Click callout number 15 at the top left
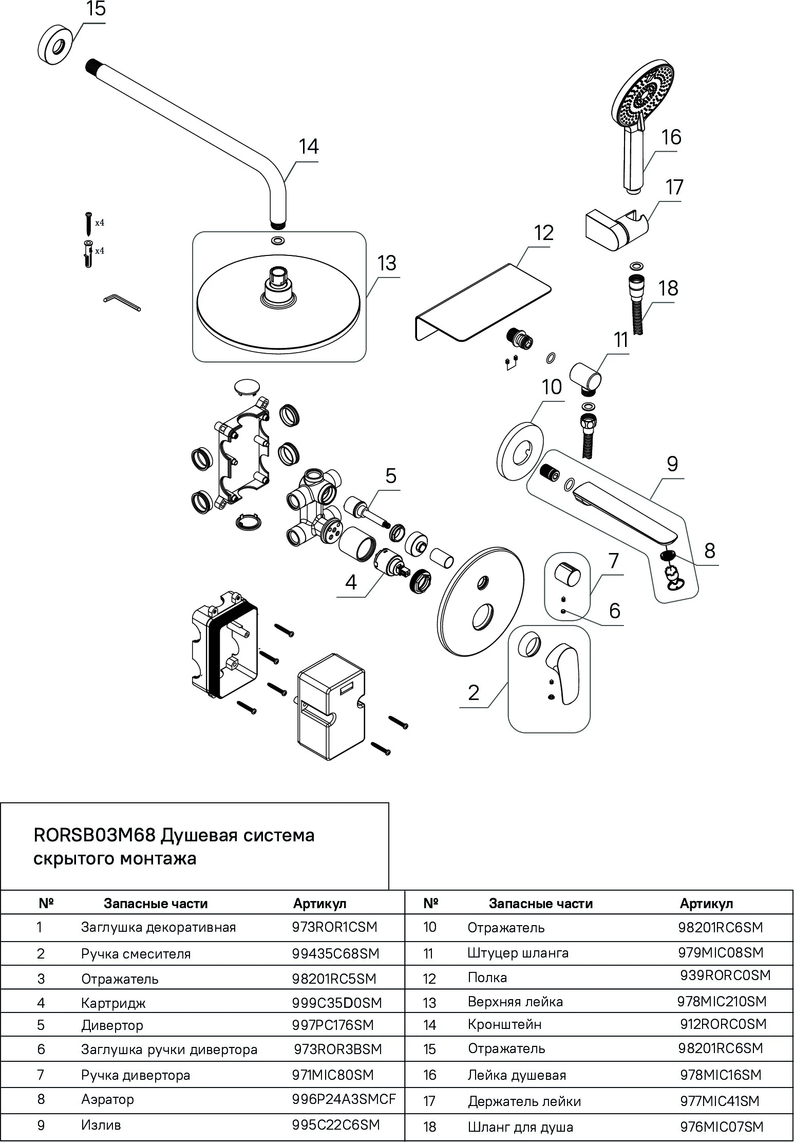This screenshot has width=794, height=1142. click(96, 10)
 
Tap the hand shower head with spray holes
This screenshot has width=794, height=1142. click(643, 96)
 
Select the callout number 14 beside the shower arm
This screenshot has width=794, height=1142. click(309, 147)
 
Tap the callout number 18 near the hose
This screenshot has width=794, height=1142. click(668, 288)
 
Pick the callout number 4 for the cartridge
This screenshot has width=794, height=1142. click(351, 582)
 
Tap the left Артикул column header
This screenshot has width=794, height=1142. click(319, 904)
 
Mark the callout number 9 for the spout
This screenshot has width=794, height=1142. click(672, 464)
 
